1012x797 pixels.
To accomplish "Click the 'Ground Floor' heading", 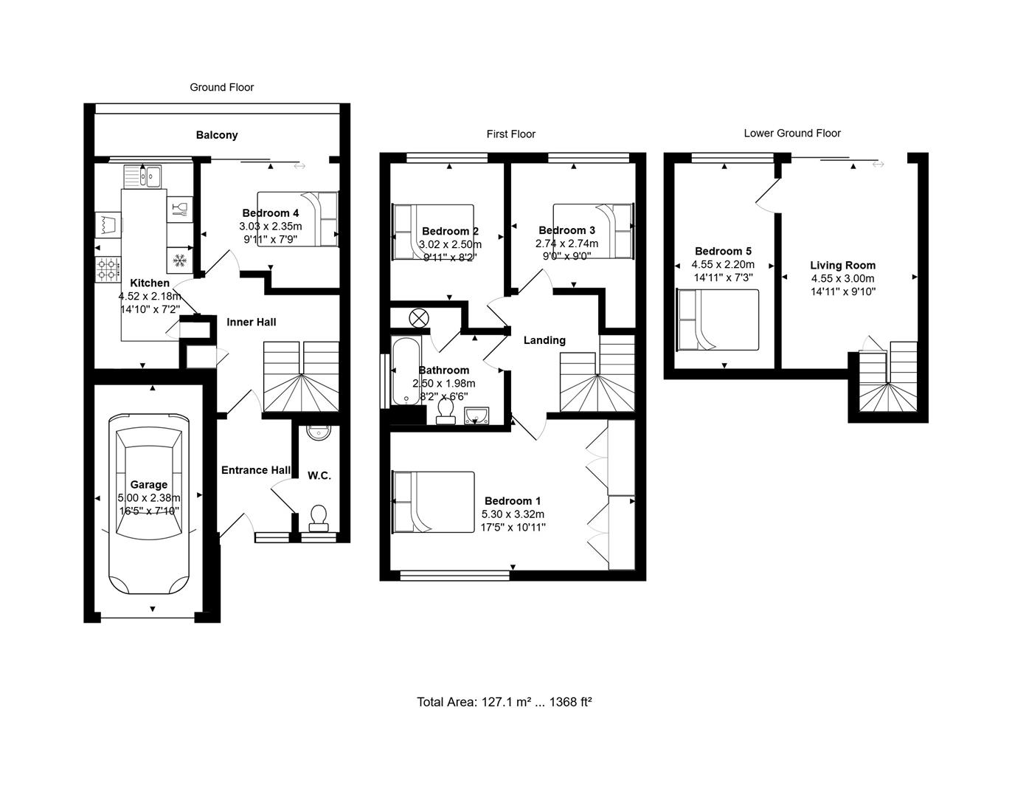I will (x=221, y=87).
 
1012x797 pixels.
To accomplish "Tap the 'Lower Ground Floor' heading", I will (x=792, y=134).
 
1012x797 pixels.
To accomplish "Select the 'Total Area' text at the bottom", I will (x=505, y=702).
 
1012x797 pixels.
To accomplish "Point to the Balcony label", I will (x=217, y=135).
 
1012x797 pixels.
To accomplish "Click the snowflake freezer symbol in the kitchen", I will (x=179, y=260).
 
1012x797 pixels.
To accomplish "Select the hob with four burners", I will (x=108, y=269).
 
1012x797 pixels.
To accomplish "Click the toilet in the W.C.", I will (x=319, y=517).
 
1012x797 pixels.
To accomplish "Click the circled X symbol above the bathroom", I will (x=419, y=318).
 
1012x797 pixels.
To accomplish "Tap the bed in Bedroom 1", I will (x=434, y=502).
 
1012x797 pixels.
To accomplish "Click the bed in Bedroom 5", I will (x=718, y=320).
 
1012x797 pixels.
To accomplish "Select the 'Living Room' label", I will (x=842, y=266).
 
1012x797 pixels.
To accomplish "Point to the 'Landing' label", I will (x=544, y=340).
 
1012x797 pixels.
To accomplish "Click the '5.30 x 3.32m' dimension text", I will (x=513, y=514).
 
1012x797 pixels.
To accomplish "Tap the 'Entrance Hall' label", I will (x=256, y=470).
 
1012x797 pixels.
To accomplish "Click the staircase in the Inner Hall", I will (x=301, y=376).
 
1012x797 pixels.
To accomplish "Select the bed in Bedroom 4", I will (x=298, y=218).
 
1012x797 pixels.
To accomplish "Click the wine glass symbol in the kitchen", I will (x=179, y=209).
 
